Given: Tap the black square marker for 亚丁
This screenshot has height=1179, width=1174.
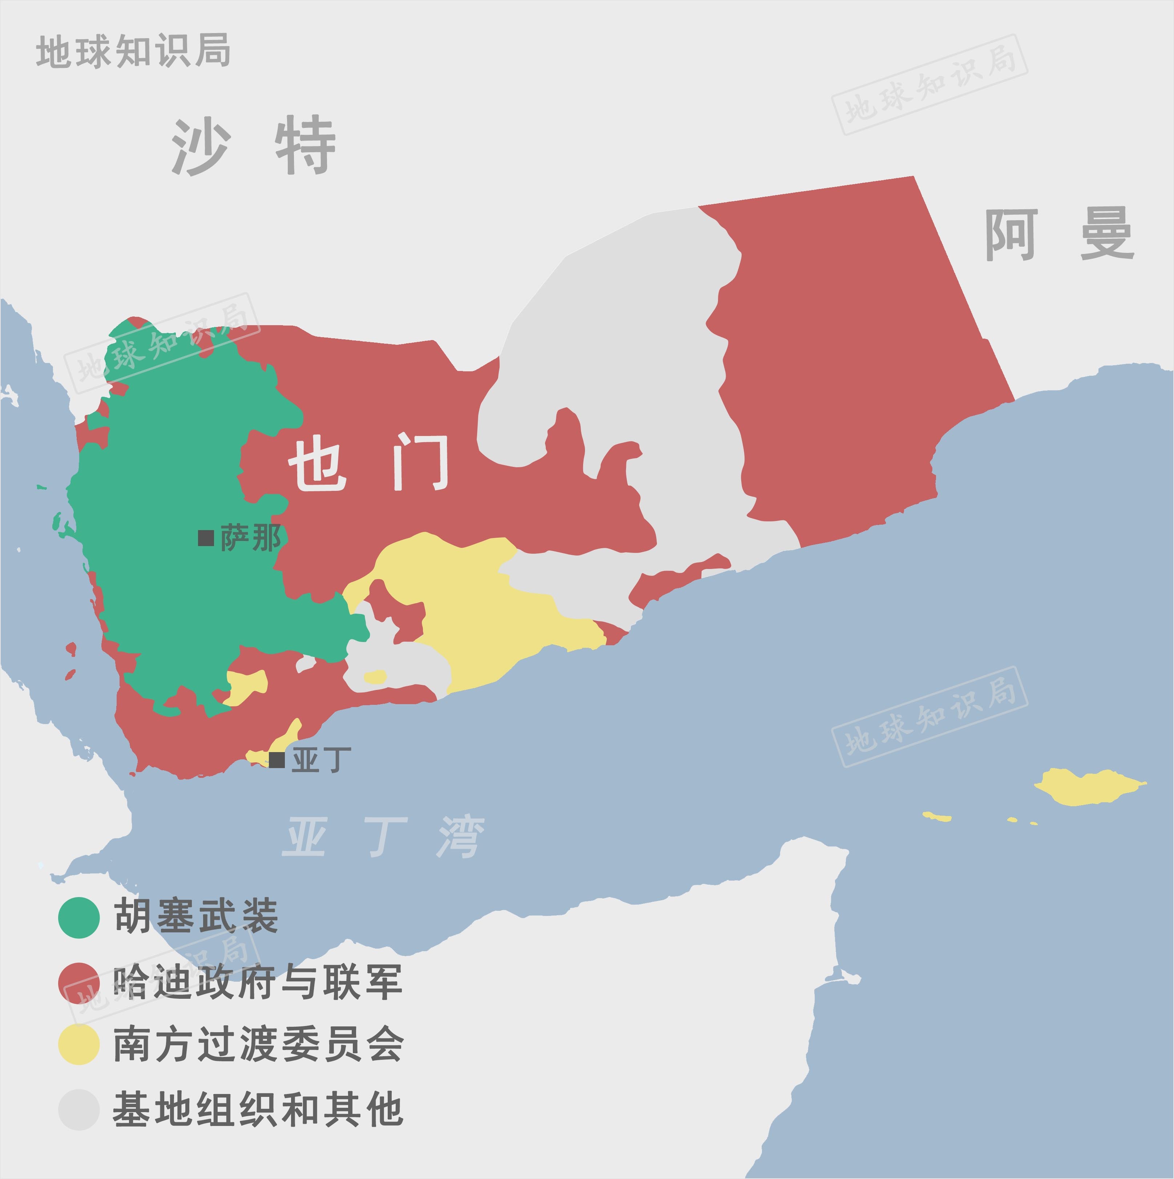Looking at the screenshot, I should pyautogui.click(x=277, y=760).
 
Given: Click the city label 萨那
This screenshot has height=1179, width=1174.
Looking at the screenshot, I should pyautogui.click(x=251, y=538).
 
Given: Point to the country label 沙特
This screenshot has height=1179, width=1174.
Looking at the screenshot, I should pyautogui.click(x=253, y=146).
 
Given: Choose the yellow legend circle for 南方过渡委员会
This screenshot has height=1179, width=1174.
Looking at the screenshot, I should pyautogui.click(x=79, y=1045).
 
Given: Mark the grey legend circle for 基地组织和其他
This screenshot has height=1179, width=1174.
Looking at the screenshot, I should pyautogui.click(x=79, y=1110).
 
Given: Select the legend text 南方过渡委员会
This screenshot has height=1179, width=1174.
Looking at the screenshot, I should pyautogui.click(x=258, y=1045).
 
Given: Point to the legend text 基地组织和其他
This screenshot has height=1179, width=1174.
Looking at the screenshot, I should pyautogui.click(x=258, y=1110).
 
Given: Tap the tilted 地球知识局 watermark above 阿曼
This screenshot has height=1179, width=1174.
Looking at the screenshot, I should pyautogui.click(x=929, y=85).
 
